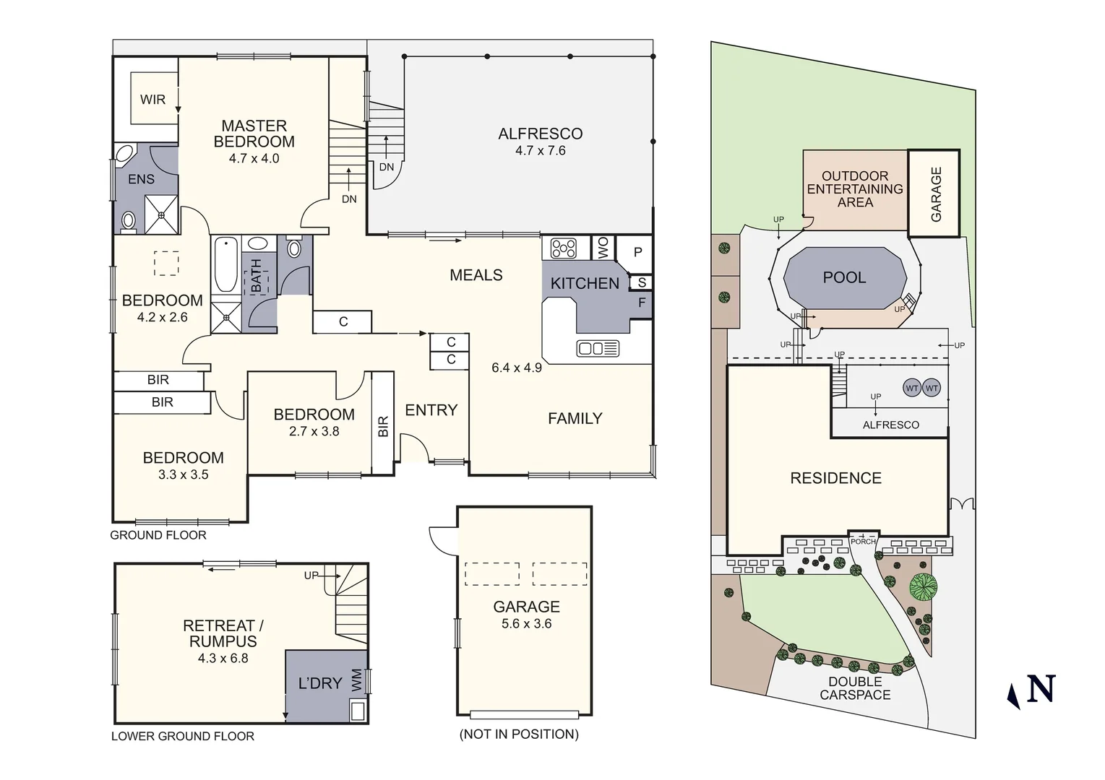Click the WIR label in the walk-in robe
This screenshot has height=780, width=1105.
pyautogui.click(x=152, y=100)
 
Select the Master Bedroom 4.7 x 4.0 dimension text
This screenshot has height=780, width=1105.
pyautogui.click(x=254, y=158)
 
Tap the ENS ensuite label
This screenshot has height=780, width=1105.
pyautogui.click(x=141, y=179)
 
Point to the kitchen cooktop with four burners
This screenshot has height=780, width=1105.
pyautogui.click(x=564, y=248)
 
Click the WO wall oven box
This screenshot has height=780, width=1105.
pyautogui.click(x=602, y=248)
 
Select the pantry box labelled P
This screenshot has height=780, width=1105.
pyautogui.click(x=637, y=252)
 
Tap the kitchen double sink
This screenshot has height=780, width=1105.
pyautogui.click(x=598, y=349)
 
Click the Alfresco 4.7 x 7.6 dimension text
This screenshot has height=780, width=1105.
pyautogui.click(x=540, y=151)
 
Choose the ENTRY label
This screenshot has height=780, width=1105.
pyautogui.click(x=431, y=410)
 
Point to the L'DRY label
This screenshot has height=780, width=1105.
pyautogui.click(x=320, y=682)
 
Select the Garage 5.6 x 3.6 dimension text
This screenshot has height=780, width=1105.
pyautogui.click(x=526, y=624)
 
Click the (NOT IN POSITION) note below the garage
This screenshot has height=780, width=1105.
pyautogui.click(x=519, y=734)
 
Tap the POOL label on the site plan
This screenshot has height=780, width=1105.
pyautogui.click(x=844, y=277)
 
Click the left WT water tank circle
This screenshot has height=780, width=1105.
pyautogui.click(x=912, y=389)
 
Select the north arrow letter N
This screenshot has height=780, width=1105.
pyautogui.click(x=1041, y=688)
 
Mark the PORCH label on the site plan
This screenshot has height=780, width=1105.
pyautogui.click(x=863, y=542)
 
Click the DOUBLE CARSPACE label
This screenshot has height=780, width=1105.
pyautogui.click(x=855, y=688)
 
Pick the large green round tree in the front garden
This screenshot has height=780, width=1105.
pyautogui.click(x=923, y=586)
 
